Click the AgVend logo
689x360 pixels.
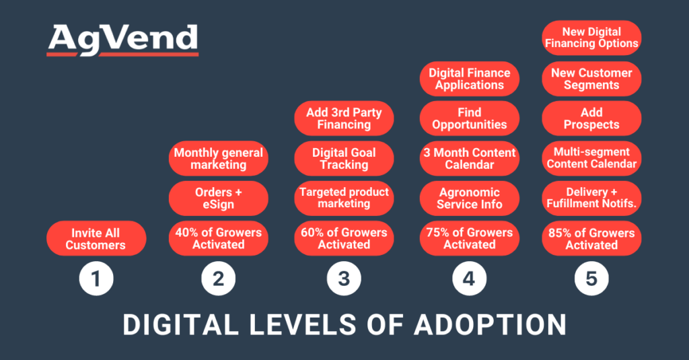click(123, 40)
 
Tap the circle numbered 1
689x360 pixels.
click(96, 278)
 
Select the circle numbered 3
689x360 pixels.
click(344, 278)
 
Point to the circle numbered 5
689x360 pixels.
click(591, 278)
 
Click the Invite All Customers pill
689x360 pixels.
click(96, 239)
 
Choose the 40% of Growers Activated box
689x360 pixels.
click(219, 239)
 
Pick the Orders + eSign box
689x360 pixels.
click(219, 199)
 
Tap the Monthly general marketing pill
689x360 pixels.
click(219, 159)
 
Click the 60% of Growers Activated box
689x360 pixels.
click(344, 239)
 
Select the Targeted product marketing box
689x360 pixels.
click(344, 198)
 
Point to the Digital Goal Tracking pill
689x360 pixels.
click(344, 159)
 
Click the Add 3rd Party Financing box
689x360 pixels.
click(344, 118)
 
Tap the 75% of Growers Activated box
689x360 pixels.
click(470, 239)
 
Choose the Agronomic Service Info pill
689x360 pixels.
click(470, 199)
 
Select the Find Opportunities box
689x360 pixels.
click(470, 118)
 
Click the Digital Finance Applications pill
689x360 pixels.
click(470, 79)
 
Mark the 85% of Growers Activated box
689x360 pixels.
click(591, 239)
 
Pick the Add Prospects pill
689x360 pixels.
click(591, 118)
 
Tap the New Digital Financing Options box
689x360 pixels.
click(591, 38)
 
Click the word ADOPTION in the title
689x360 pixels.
click(490, 324)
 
